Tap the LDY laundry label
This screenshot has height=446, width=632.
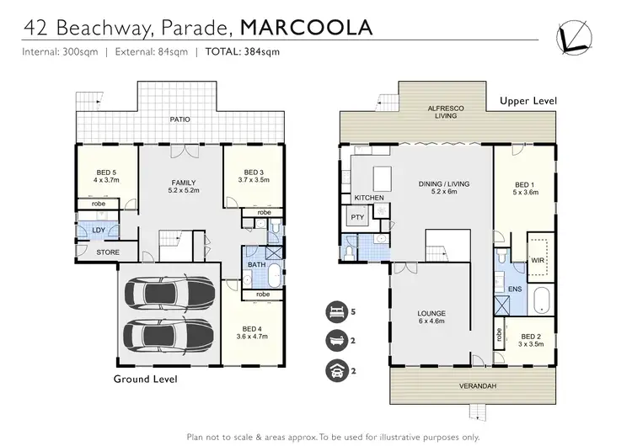[x=98, y=230]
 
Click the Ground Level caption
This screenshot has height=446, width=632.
[x=146, y=380]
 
